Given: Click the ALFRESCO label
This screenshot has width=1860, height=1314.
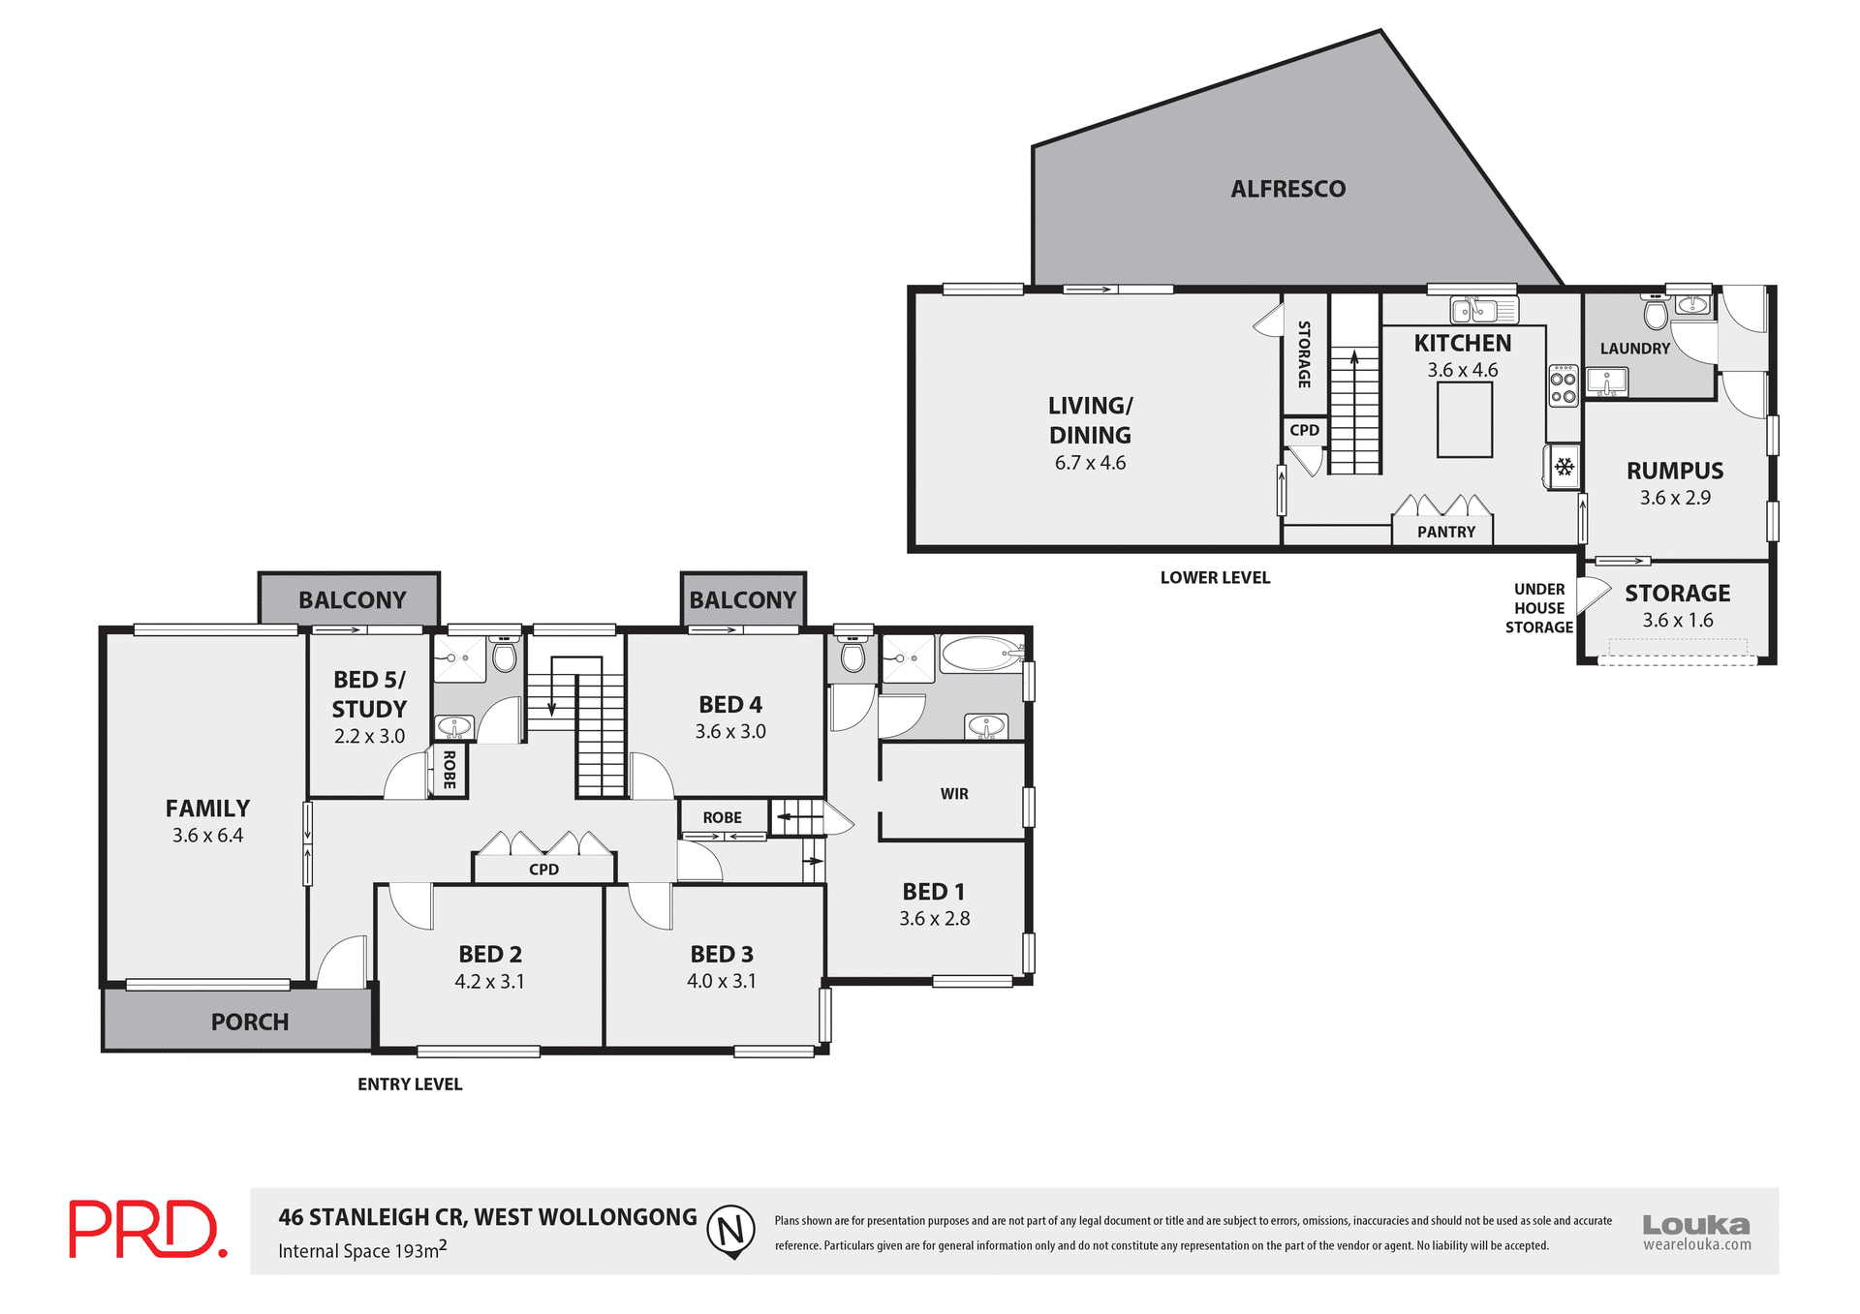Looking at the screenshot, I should [x=1287, y=189].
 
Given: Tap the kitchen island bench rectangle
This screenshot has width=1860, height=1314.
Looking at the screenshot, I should [x=1464, y=419].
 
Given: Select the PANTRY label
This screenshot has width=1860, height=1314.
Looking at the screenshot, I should [x=1445, y=532].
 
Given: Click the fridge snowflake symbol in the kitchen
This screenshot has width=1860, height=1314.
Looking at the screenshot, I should [x=1564, y=468].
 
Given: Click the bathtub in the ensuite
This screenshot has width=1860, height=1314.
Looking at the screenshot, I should [x=980, y=654].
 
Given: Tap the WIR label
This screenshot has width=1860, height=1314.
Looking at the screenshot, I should [x=953, y=794].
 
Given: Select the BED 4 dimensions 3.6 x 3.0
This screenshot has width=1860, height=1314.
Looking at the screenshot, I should [x=730, y=732].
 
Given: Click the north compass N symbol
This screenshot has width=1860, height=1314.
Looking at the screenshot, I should [x=731, y=1230].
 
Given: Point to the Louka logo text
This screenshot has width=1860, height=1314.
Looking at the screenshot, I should [x=1695, y=1225].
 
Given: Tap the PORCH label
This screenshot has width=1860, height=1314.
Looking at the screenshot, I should [x=250, y=1022].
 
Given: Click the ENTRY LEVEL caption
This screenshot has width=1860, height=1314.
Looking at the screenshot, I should [x=410, y=1085].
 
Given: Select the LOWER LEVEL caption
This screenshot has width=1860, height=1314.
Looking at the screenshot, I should [x=1215, y=578].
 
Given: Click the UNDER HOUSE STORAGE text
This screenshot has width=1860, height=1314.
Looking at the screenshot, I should [x=1538, y=608].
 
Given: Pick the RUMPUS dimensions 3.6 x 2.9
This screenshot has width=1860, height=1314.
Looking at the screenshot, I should [x=1675, y=498].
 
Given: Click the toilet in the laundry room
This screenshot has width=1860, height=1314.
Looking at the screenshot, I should [x=1656, y=314].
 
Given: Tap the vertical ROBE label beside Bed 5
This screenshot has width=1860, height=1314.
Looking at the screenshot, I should [x=449, y=770].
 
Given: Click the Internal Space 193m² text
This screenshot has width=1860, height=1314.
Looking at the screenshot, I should [x=362, y=1250].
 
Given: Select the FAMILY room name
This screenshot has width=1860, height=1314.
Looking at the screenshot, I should [x=207, y=809].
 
